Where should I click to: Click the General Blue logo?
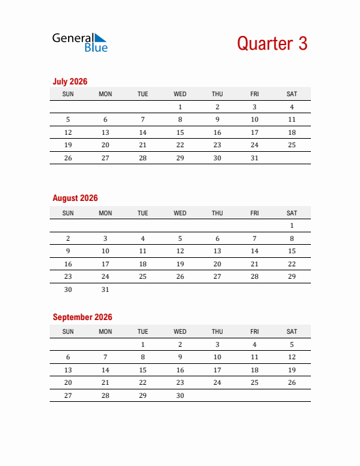point(79,43)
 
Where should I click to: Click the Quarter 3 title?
point(272,43)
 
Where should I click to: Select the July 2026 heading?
point(70,82)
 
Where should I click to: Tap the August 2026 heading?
point(75,198)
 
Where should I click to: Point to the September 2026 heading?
point(82,317)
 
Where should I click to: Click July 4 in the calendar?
point(292,107)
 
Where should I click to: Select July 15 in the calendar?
point(180,132)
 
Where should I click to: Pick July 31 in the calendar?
point(255,158)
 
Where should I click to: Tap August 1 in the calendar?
point(292,226)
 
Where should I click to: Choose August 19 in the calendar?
point(180,264)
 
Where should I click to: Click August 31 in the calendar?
point(105,289)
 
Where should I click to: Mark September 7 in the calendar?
point(105,357)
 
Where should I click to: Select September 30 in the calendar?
point(180,395)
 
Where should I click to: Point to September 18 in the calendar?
point(255,370)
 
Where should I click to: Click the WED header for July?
point(180,94)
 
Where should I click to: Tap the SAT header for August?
point(292,213)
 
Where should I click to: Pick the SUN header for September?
point(68,332)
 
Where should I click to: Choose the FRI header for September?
point(255,332)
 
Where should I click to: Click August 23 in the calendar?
point(68,276)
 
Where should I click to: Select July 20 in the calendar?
point(105,145)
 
